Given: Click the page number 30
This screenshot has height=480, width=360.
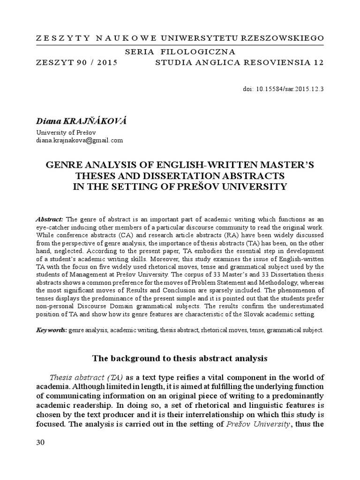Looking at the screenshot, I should [40, 443].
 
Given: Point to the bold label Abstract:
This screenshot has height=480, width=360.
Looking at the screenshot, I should [50, 219].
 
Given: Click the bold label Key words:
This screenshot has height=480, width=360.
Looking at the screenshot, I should [52, 330].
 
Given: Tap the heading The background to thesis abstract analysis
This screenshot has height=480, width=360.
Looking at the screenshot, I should [180, 359].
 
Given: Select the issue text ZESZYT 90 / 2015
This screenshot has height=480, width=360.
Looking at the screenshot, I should [76, 62].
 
